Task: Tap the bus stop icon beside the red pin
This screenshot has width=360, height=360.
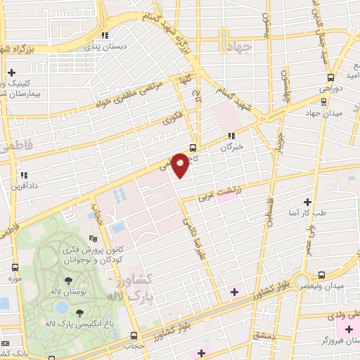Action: tap(193, 147)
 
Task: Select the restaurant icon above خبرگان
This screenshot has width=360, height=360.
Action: tap(231, 136)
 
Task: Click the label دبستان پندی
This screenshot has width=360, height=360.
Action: tap(104, 46)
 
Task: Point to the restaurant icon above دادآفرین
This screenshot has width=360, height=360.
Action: tap(23, 174)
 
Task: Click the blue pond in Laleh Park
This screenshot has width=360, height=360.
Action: tap(62, 307)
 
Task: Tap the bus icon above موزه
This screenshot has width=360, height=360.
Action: tap(15, 268)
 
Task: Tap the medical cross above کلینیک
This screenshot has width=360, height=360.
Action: tap(11, 72)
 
